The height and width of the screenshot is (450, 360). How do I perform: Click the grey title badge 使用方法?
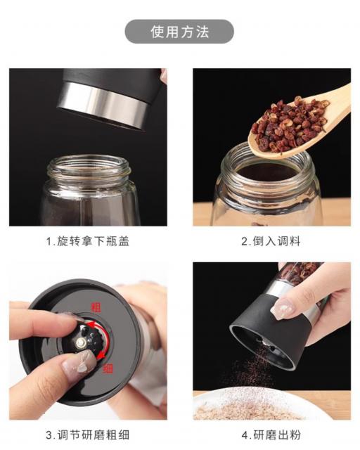pos(179,32)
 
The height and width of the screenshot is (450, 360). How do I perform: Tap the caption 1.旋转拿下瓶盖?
pos(88,241)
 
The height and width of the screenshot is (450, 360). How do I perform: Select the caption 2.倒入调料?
pos(271,241)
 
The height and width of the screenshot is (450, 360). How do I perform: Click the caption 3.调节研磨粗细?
pos(88,435)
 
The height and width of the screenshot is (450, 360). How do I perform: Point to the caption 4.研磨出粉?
pos(271,435)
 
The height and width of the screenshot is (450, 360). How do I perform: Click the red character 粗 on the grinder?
pos(96,307)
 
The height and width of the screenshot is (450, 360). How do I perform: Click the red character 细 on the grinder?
pos(108,368)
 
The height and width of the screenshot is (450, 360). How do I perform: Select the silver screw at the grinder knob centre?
pos(81,342)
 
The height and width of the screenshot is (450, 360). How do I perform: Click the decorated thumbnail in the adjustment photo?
pos(79,361)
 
